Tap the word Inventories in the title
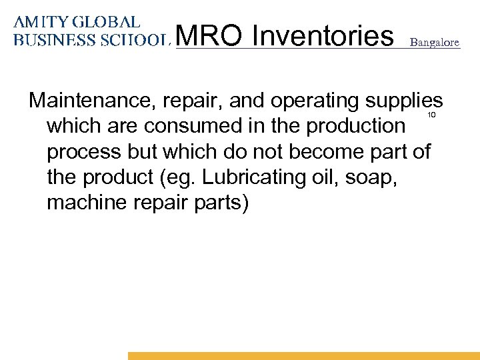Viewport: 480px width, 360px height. pyautogui.click(x=324, y=37)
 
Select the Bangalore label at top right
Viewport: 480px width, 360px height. pyautogui.click(x=434, y=42)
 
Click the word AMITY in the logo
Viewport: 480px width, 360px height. pyautogui.click(x=41, y=22)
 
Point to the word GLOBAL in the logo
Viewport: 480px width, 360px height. pyautogui.click(x=106, y=22)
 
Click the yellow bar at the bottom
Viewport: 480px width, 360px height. pyautogui.click(x=303, y=356)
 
